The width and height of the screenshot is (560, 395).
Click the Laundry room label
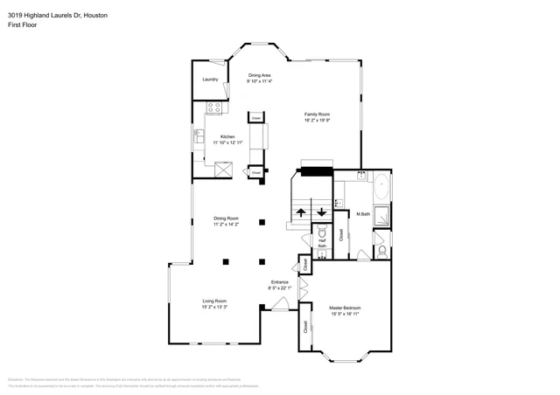[x=209, y=80]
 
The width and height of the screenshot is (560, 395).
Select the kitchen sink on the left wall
[x=199, y=137]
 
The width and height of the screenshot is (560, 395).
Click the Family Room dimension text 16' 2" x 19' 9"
[x=317, y=119]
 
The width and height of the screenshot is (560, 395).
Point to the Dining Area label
[x=259, y=75]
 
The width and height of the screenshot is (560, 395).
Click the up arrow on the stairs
[x=301, y=212]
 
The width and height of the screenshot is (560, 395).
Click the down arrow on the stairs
[x=322, y=212]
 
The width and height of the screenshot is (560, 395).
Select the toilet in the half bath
[x=322, y=234]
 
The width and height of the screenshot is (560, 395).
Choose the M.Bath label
[x=363, y=214]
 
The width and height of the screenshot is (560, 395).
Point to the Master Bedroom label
[x=345, y=308]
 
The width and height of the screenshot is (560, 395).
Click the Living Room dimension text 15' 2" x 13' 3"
[x=214, y=307]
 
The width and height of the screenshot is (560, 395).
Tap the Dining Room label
[x=227, y=218]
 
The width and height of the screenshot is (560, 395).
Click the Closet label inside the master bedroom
[x=305, y=328]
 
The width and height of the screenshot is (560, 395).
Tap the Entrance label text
[x=279, y=281]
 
